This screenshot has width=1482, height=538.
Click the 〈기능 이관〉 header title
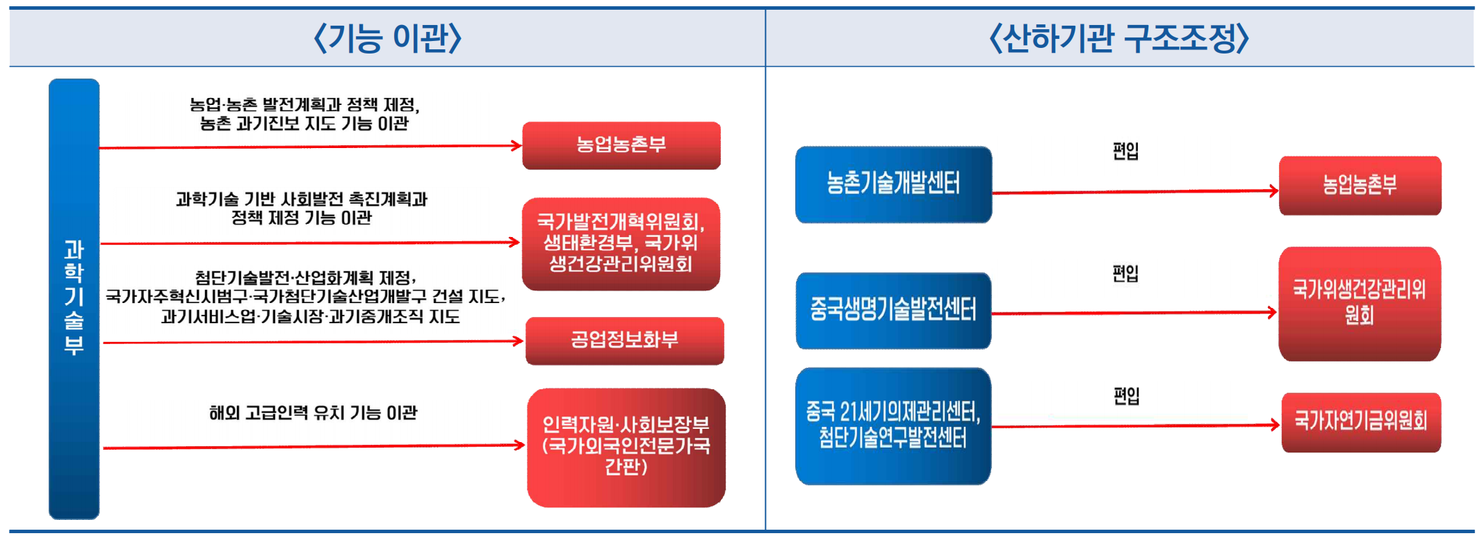click(x=388, y=38)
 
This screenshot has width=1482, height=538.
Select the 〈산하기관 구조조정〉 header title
click(x=1119, y=38)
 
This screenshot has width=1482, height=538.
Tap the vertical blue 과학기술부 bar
click(x=74, y=299)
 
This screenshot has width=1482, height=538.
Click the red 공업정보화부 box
click(x=624, y=341)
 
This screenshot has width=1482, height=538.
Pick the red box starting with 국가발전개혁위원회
click(x=621, y=243)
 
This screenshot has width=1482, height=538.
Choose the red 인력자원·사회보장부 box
click(x=626, y=447)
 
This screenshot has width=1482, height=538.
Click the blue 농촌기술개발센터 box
click(x=893, y=184)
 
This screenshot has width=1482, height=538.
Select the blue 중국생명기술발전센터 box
click(x=893, y=310)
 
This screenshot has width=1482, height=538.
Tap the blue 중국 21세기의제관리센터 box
click(x=893, y=425)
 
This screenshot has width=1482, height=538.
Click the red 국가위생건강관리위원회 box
click(x=1360, y=303)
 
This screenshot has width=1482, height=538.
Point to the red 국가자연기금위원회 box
click(x=1361, y=422)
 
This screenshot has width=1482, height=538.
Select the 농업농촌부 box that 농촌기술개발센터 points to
click(x=1360, y=186)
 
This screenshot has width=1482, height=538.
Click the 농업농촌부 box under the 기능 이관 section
click(x=621, y=145)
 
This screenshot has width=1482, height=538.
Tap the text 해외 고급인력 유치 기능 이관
click(x=313, y=413)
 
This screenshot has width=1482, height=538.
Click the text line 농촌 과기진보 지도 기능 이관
click(x=304, y=124)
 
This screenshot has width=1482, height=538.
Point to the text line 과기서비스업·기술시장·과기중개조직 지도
click(x=310, y=317)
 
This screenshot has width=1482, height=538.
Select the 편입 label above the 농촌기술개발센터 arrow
click(x=1125, y=151)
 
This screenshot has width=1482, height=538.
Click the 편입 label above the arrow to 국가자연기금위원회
click(x=1126, y=396)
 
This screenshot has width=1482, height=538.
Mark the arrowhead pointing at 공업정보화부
click(x=518, y=341)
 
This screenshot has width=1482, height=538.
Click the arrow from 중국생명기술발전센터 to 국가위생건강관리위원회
click(x=1134, y=313)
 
